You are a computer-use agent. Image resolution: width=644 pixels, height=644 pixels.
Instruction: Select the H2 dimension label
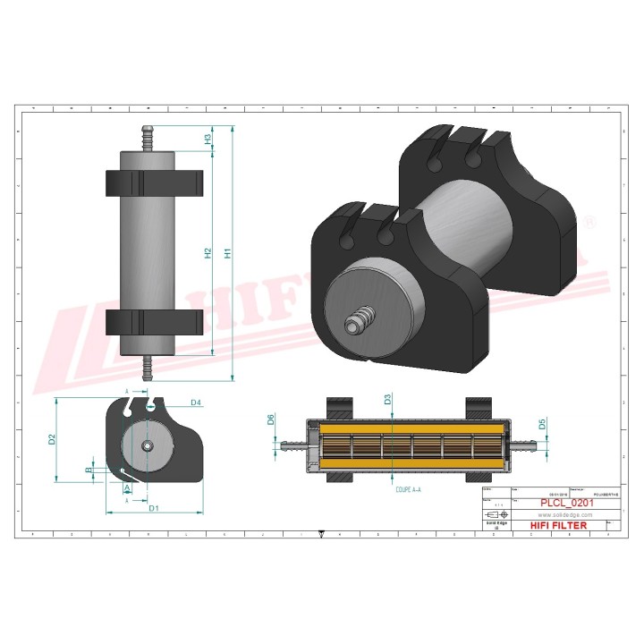208,253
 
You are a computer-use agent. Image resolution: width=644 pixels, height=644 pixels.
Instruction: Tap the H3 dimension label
208,140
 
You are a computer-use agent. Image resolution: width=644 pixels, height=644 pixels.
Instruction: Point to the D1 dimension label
153,509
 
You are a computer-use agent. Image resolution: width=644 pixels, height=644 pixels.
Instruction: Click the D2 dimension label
53,439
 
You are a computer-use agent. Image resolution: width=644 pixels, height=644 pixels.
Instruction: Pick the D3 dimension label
387,400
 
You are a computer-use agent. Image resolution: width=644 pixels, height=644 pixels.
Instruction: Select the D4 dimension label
195,403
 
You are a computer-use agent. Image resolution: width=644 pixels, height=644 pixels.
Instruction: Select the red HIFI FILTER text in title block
559,525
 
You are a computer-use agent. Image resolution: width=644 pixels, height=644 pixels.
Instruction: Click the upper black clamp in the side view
154,183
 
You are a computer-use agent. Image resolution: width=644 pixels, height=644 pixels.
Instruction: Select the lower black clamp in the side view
154,323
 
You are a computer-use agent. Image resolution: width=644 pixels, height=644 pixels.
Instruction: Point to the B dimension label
88,470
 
